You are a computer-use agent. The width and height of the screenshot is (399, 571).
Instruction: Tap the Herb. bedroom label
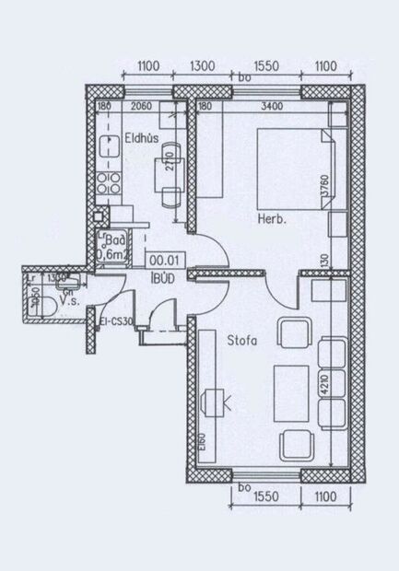272,219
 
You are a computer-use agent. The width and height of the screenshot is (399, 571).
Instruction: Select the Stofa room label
241,341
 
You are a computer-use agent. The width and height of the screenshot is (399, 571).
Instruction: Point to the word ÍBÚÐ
162,276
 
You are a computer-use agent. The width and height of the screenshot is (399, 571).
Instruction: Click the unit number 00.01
162,262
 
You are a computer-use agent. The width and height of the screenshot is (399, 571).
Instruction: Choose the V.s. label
67,300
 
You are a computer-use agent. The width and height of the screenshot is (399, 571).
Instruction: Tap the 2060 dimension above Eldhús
141,107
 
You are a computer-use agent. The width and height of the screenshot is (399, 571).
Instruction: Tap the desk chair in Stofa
215,402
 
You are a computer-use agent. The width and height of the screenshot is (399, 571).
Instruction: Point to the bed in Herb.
291,167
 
